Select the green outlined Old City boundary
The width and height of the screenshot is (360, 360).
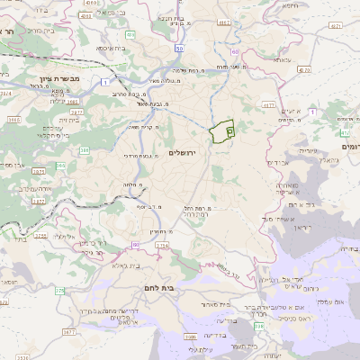[x=221, y=131]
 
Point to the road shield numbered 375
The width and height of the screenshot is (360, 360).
[x=60, y=290]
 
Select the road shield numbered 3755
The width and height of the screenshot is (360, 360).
[x=41, y=237]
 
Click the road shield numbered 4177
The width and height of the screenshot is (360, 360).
[x=269, y=105]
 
